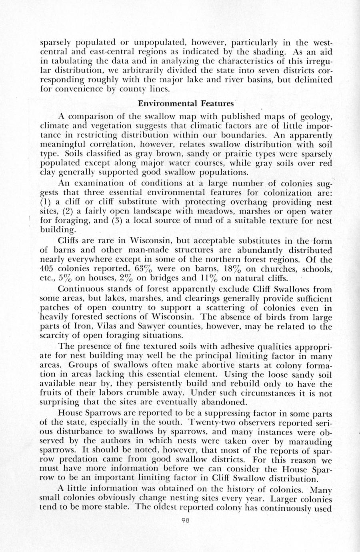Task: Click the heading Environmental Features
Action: click(186, 104)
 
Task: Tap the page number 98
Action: click(185, 520)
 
